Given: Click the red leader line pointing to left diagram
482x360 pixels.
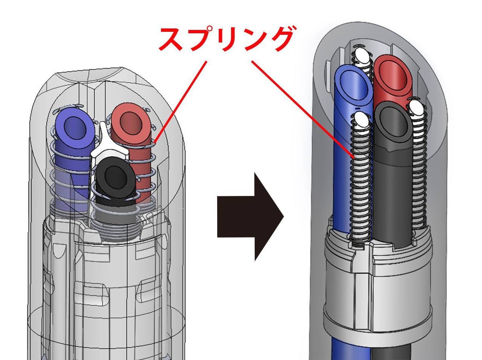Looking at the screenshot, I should tap(180, 101).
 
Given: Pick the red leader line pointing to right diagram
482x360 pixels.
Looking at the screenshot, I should tap(303, 109).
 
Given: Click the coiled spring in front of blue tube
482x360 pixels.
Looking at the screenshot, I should tap(360, 187).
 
